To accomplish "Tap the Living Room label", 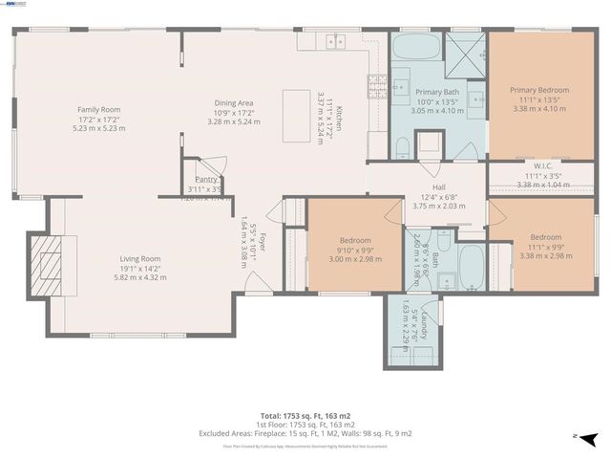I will (x=139, y=259).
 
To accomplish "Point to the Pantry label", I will (x=203, y=179).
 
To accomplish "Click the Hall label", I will (x=438, y=187).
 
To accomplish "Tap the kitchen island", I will (x=296, y=117).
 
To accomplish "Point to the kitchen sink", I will (x=335, y=41).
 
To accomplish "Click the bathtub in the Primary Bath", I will (x=416, y=48).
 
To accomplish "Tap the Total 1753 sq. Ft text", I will (x=305, y=415).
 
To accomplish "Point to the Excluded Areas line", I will (x=305, y=433).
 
